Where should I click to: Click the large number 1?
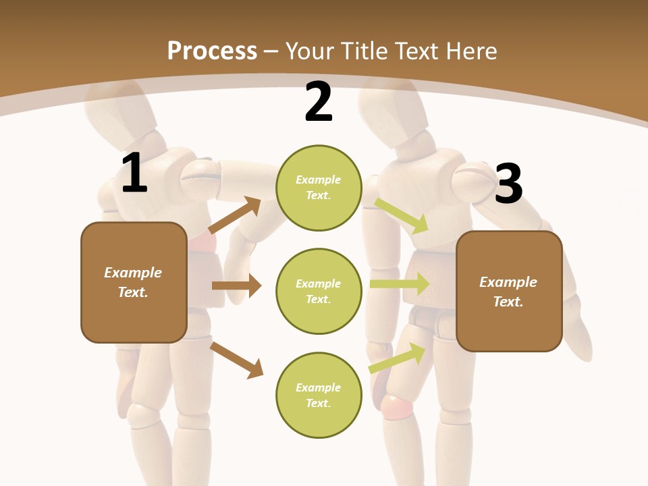coord(134,173)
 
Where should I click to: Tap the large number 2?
coord(319,103)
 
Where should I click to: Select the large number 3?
coord(509,184)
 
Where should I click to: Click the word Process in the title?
coord(212,51)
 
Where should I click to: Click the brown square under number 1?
coord(134,282)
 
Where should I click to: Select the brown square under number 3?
coord(509,291)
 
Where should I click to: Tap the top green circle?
coord(319,188)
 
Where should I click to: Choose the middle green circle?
coord(319,291)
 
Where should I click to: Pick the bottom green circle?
coord(319,395)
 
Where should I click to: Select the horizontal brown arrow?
coord(236,286)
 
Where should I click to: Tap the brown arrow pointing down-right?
coord(236,360)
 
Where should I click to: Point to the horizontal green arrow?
coord(400,283)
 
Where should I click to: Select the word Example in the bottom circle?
coord(318,387)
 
